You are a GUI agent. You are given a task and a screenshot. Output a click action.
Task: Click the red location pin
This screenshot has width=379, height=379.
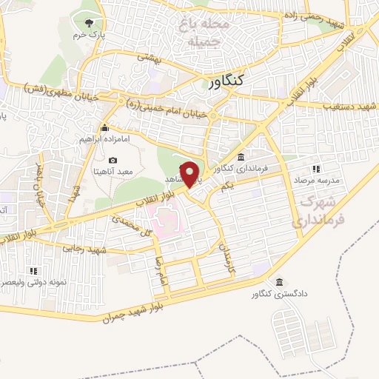tap(191, 173)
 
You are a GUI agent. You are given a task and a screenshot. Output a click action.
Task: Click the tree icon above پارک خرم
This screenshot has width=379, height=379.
tap(91, 24)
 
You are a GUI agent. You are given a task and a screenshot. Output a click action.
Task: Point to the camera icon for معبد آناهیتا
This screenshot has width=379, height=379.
tap(113, 160)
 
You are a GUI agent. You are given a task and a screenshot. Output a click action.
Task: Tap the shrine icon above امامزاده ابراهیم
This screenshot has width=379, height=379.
tap(104, 127)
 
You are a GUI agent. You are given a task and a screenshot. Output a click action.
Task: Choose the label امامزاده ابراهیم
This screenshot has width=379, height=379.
tap(104, 138)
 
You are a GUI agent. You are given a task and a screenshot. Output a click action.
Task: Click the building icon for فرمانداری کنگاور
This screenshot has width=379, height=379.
tap(242, 157)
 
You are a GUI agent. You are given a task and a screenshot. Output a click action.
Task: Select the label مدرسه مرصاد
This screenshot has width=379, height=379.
tap(317, 180)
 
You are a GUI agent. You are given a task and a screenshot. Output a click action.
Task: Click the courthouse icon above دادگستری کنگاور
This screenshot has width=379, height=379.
tap(279, 282)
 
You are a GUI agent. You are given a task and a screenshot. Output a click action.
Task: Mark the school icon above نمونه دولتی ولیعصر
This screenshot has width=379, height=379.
tap(33, 271)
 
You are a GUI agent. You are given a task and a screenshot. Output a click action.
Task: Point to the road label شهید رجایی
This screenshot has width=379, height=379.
tap(80, 250)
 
